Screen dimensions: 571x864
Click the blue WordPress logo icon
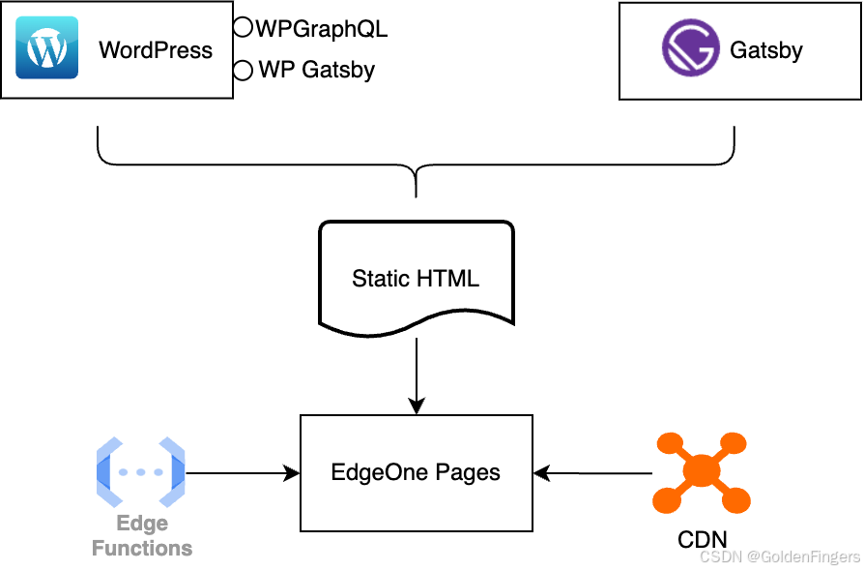[46, 47]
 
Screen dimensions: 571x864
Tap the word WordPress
[156, 50]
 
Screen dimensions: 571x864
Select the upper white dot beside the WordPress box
[243, 27]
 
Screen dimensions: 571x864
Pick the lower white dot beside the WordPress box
[243, 70]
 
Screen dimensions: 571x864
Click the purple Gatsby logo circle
[690, 48]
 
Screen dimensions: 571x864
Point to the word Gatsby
[766, 50]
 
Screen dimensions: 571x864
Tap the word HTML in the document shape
[446, 280]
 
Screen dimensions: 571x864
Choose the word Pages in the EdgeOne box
[468, 473]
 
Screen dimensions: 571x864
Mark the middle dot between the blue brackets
[141, 472]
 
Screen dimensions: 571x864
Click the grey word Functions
[142, 549]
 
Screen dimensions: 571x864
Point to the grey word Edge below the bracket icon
[142, 525]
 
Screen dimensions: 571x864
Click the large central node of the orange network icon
[702, 471]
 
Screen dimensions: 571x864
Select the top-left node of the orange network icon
[668, 444]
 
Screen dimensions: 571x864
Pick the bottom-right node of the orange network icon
[736, 500]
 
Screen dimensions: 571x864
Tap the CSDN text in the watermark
[719, 556]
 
